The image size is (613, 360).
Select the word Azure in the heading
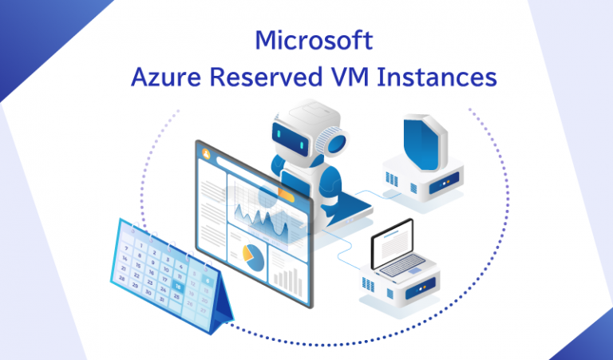pyautogui.click(x=163, y=78)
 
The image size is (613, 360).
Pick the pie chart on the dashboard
pyautogui.click(x=252, y=256)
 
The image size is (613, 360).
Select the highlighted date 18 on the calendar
pyautogui.click(x=177, y=286)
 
